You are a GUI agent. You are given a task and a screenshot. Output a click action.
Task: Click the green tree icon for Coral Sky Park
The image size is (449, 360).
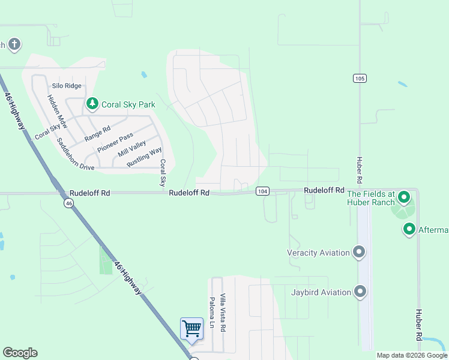point(92,104)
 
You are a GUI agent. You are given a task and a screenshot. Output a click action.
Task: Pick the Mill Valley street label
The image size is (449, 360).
point(132,149)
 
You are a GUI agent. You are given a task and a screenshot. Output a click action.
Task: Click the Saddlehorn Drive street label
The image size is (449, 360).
point(75,155)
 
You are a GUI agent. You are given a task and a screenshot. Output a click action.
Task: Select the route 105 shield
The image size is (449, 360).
point(360,79)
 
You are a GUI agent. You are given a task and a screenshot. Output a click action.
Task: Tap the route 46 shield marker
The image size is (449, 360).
point(70,203)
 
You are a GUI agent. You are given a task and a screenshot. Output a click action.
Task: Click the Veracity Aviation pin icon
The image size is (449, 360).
point(360,252)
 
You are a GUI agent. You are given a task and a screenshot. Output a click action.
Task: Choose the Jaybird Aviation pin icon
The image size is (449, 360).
point(360,292)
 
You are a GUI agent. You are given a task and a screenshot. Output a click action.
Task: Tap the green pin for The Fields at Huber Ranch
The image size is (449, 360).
point(404,197)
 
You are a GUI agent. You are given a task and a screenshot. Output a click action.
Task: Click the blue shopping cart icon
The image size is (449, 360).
point(191,329)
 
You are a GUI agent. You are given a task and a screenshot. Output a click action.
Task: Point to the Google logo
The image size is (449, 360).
point(20,353)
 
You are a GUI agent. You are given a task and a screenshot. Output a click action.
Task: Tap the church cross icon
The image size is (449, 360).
point(14,44)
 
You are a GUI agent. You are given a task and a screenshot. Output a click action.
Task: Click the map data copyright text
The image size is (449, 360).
point(411,356)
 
